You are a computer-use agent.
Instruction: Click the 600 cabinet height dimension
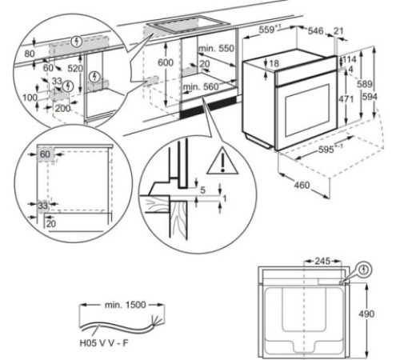(166, 62)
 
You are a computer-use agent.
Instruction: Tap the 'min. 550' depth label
(216, 49)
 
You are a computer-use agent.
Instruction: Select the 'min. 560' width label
(201, 86)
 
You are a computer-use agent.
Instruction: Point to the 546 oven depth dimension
(316, 31)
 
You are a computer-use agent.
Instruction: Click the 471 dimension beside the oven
(346, 99)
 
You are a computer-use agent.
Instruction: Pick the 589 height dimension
(365, 84)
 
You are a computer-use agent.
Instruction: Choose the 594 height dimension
(370, 97)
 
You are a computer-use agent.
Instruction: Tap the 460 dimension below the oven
(302, 185)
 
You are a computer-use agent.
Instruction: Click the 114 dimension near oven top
(350, 59)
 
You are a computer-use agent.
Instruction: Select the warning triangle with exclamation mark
(222, 161)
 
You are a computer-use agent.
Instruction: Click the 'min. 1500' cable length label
(126, 305)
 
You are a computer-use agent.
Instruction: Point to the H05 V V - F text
(104, 342)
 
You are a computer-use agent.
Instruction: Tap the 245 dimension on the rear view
(322, 261)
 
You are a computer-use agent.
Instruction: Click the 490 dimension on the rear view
(366, 314)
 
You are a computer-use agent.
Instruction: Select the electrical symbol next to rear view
(364, 270)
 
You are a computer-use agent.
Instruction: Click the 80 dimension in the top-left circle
(30, 54)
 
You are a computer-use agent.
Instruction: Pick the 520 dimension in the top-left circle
(75, 69)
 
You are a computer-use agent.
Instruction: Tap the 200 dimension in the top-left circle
(63, 108)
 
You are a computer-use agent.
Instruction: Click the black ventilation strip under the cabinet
(208, 107)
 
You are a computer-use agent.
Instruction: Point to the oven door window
(307, 110)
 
